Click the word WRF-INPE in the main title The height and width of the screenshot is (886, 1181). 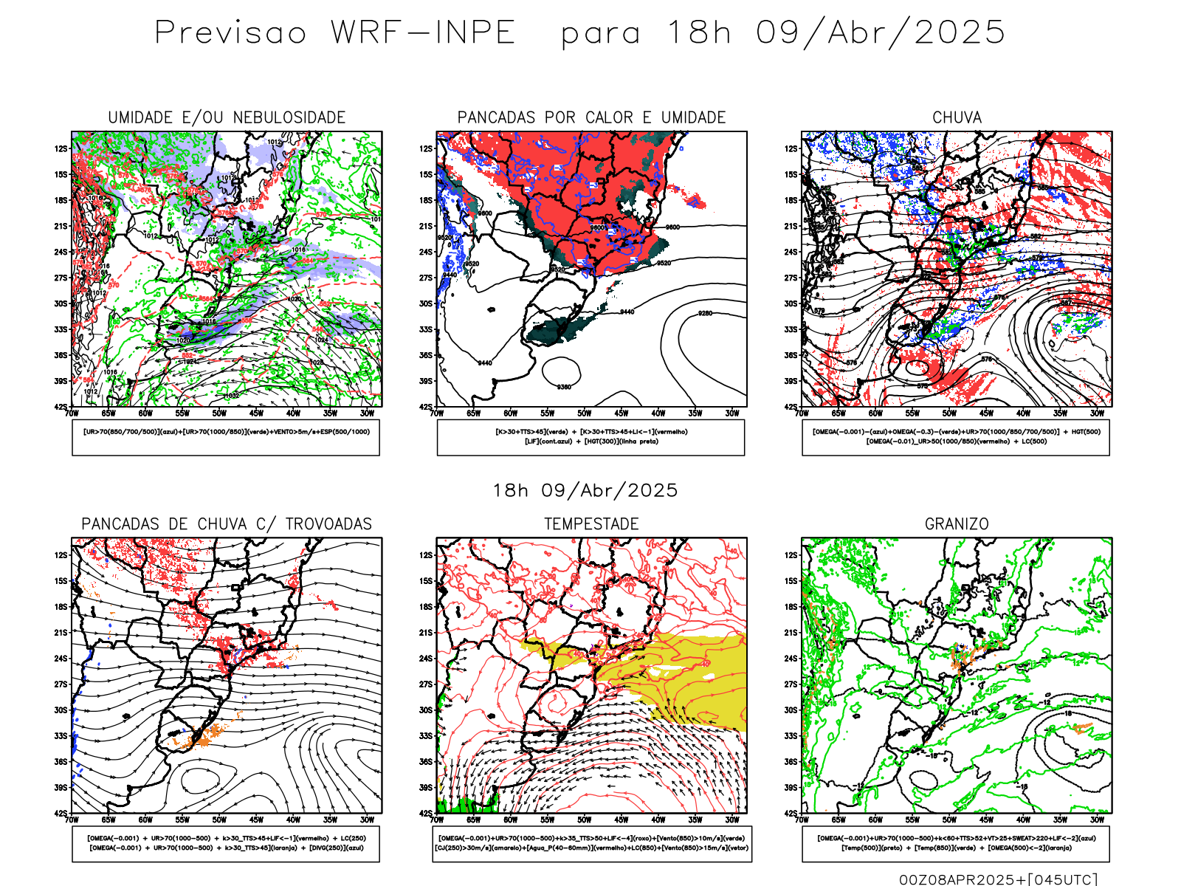[422, 32]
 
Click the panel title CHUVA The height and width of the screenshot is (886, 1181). [957, 117]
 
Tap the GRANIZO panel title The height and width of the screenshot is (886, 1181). [957, 524]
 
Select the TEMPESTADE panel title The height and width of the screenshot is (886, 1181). [591, 524]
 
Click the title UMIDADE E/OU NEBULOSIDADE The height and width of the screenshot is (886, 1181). [227, 117]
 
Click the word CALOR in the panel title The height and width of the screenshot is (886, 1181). [610, 117]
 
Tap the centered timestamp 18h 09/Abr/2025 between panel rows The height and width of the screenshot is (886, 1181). [585, 490]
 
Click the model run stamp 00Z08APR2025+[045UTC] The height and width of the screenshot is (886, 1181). [998, 879]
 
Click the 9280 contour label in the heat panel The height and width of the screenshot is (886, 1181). [705, 313]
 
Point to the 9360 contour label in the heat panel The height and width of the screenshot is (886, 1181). [564, 387]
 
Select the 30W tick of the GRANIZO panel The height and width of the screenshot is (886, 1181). [1097, 820]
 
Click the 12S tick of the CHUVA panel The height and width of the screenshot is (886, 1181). [791, 148]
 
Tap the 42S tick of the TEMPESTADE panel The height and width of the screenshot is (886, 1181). [426, 813]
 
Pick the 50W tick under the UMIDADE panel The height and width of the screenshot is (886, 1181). [219, 413]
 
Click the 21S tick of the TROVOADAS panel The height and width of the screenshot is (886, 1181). [61, 632]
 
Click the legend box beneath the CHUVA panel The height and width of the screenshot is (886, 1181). [956, 437]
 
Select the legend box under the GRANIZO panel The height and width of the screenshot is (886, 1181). [956, 843]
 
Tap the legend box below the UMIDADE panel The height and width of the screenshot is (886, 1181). [226, 437]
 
